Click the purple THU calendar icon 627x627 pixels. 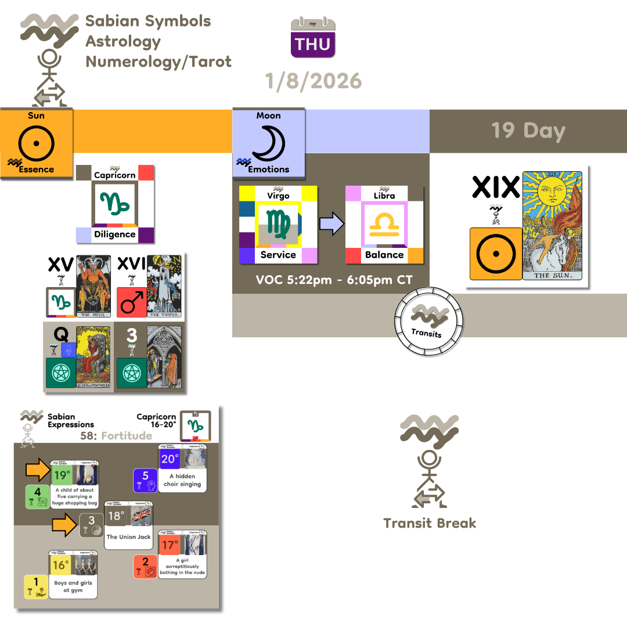pos(313,38)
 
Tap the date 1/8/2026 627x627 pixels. pos(313,80)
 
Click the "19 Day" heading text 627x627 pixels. pos(528,131)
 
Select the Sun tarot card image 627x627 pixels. pos(552,226)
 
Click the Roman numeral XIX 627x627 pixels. pos(495,187)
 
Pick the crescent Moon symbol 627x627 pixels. pos(268,142)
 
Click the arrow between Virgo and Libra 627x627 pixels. pos(331,224)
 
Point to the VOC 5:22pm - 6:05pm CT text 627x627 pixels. pos(334,280)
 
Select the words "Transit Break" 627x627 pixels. pos(430,523)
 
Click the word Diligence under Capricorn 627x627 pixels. pos(115,235)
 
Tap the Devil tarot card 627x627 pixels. pos(93,286)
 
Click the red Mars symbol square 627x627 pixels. pos(131,302)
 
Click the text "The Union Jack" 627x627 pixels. pos(128,537)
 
